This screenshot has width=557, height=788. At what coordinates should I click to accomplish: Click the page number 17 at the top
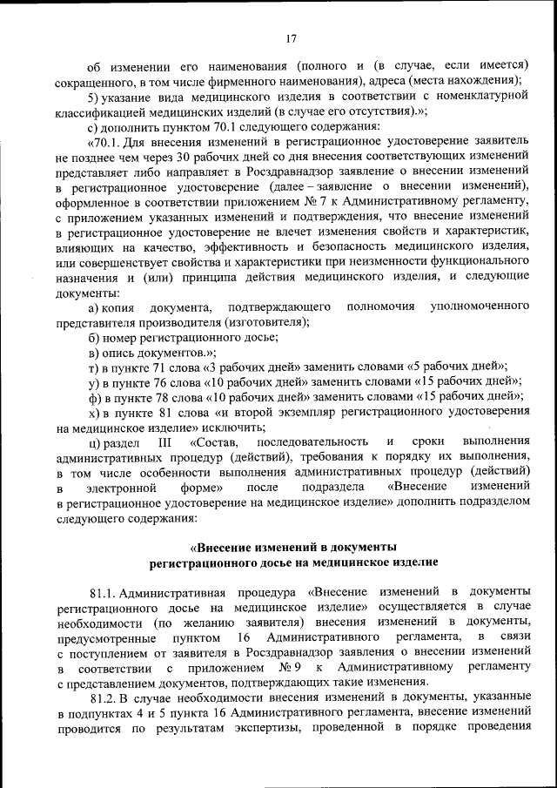click(x=292, y=37)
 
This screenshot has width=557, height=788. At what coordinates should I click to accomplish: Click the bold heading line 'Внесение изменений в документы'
click(x=292, y=547)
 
